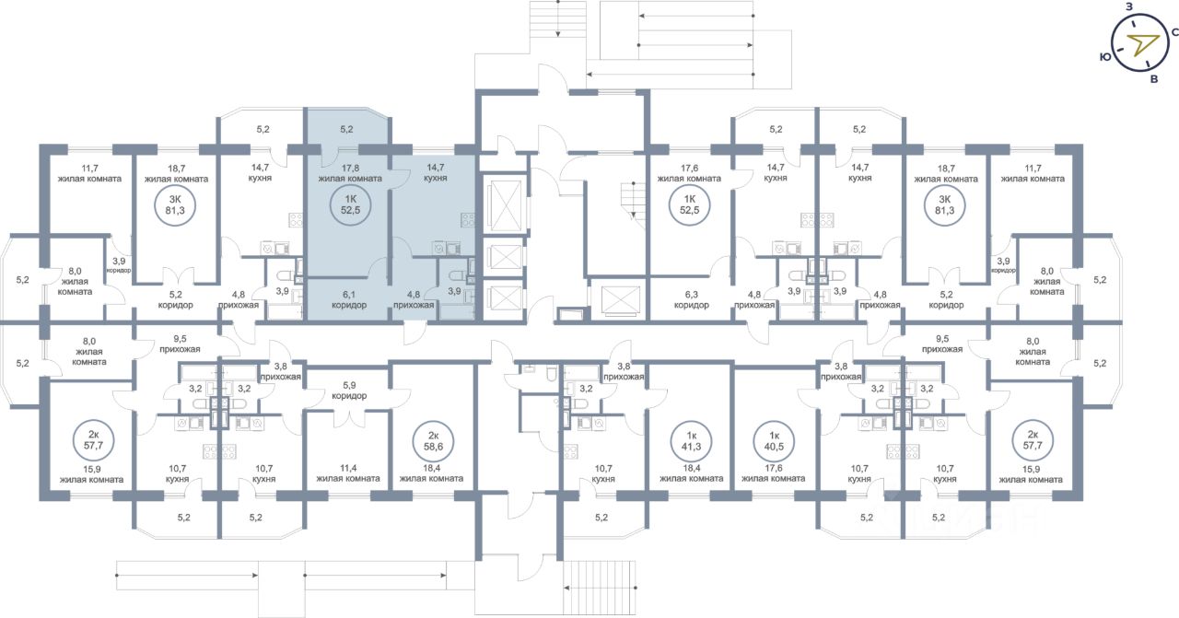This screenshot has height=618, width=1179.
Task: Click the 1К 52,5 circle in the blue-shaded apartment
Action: pyautogui.click(x=350, y=204)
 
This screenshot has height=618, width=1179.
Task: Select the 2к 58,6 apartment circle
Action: pyautogui.click(x=433, y=441)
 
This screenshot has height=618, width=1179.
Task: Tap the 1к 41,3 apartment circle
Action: pyautogui.click(x=692, y=441)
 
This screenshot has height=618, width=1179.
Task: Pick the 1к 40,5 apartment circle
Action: pyautogui.click(x=775, y=441)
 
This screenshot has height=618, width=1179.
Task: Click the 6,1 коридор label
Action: pyautogui.click(x=349, y=300)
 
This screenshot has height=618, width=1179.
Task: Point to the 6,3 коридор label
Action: pyautogui.click(x=692, y=300)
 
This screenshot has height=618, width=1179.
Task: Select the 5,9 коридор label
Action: pyautogui.click(x=349, y=391)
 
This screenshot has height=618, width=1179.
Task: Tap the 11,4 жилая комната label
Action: pyautogui.click(x=348, y=473)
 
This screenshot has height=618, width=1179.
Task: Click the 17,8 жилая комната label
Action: pyautogui.click(x=350, y=173)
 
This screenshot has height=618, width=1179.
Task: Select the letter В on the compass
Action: pyautogui.click(x=1154, y=79)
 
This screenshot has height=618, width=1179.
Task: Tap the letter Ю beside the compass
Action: pyautogui.click(x=1105, y=57)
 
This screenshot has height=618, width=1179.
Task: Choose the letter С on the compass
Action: pyautogui.click(x=1174, y=32)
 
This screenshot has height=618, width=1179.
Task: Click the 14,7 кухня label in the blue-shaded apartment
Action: pyautogui.click(x=436, y=172)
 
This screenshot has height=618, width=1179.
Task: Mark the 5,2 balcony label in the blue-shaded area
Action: pyautogui.click(x=346, y=129)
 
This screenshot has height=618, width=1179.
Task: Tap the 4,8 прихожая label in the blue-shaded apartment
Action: pyautogui.click(x=414, y=300)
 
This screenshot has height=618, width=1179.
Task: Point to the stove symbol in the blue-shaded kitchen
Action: pyautogui.click(x=467, y=219)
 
